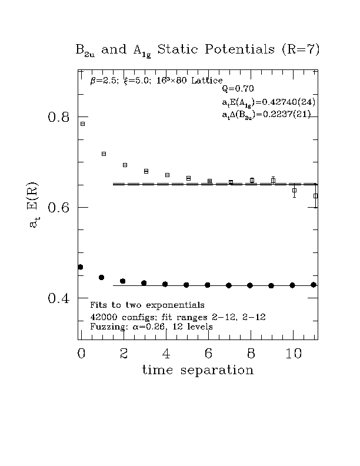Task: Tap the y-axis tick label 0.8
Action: pyautogui.click(x=58, y=117)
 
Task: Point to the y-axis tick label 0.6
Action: pyautogui.click(x=58, y=208)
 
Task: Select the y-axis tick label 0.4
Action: pyautogui.click(x=58, y=298)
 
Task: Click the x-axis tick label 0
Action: pyautogui.click(x=81, y=353)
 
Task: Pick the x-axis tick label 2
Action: pyautogui.click(x=124, y=353)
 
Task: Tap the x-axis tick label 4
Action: pyautogui.click(x=166, y=353)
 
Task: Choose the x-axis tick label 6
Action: pyautogui.click(x=208, y=353)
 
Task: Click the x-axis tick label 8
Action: pyautogui.click(x=251, y=353)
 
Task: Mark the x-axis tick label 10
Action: pyautogui.click(x=293, y=353)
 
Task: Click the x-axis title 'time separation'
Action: pyautogui.click(x=198, y=370)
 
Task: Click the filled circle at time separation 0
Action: pyautogui.click(x=81, y=267)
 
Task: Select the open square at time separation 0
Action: pyautogui.click(x=82, y=124)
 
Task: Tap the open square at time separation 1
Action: pyautogui.click(x=104, y=154)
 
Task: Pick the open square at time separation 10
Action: pyautogui.click(x=294, y=190)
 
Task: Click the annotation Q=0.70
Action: pyautogui.click(x=237, y=89)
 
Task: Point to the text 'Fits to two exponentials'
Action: pyautogui.click(x=147, y=305)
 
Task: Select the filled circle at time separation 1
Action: pyautogui.click(x=102, y=277)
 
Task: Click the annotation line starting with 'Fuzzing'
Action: pyautogui.click(x=151, y=327)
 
